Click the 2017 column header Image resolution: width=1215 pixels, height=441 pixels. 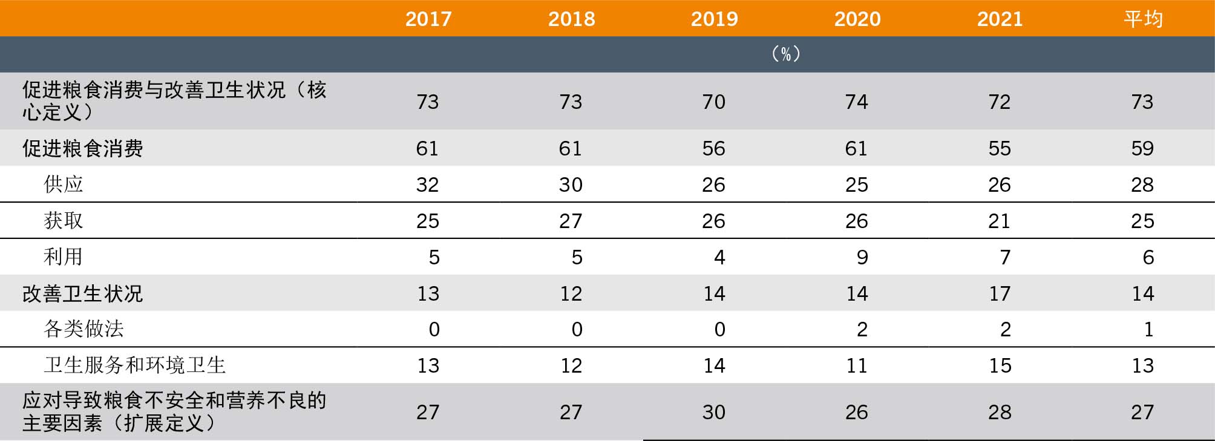click(x=428, y=19)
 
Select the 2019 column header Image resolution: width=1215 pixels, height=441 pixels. click(x=715, y=19)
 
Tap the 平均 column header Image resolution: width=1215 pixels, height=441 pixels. click(x=1143, y=19)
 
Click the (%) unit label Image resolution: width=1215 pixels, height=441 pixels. click(x=786, y=54)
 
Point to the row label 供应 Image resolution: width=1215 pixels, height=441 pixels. click(x=64, y=184)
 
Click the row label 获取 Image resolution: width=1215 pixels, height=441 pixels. click(x=64, y=220)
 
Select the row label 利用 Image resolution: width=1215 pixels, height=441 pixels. click(x=64, y=256)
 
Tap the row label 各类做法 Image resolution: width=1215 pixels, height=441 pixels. click(x=84, y=328)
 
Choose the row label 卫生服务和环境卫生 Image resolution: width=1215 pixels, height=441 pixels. click(x=135, y=365)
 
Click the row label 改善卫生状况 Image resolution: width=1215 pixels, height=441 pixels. click(x=83, y=293)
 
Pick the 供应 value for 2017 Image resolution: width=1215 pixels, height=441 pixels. click(x=427, y=185)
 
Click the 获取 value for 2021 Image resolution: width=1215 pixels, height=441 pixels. click(x=1000, y=221)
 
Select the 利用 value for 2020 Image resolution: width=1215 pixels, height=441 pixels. click(x=862, y=257)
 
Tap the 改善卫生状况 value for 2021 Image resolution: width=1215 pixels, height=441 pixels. click(x=1000, y=293)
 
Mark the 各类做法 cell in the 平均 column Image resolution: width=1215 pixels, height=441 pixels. click(x=1148, y=329)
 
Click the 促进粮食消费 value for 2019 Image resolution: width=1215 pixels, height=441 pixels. click(x=714, y=148)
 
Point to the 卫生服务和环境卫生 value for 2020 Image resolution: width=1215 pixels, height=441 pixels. click(x=857, y=365)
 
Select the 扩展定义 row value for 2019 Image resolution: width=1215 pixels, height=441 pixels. click(x=714, y=412)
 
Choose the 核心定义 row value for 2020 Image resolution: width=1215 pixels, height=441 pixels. click(x=857, y=102)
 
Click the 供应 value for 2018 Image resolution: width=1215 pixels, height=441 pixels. click(x=571, y=185)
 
